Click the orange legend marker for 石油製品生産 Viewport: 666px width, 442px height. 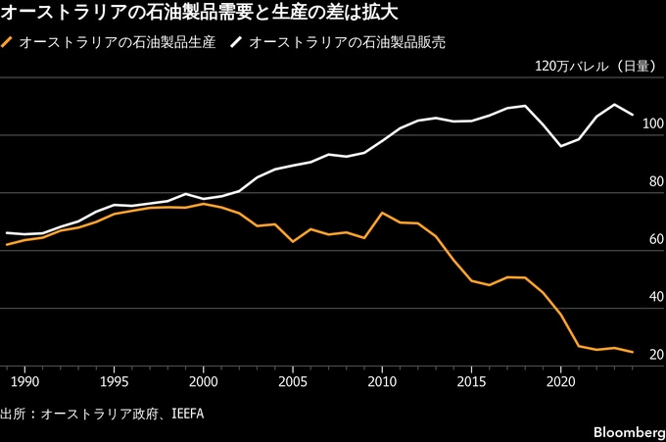pos(9,43)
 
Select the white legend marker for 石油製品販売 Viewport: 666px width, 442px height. pos(238,43)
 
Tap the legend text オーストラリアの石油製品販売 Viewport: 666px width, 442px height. pos(348,43)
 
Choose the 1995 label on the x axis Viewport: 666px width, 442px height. pos(114,380)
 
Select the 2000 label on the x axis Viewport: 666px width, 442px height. pos(203,380)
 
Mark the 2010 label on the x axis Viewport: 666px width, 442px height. pos(382,380)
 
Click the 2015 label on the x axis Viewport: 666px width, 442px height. pos(471,380)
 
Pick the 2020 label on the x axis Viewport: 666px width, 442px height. pos(560,380)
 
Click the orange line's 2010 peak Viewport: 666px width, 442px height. pos(382,213)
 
